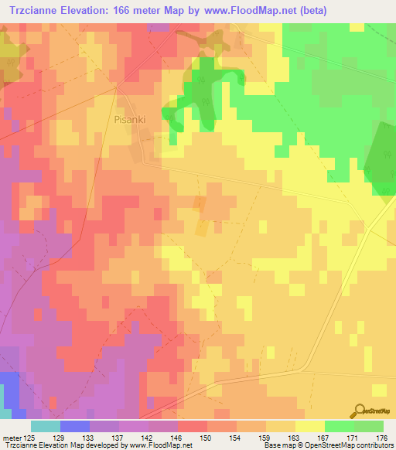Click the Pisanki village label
pos(130,120)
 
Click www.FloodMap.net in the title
pos(244,10)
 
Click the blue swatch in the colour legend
pos(74,426)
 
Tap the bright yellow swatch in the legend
pos(309,426)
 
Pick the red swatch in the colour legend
pos(192,426)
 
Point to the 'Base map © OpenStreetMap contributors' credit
pos(328,446)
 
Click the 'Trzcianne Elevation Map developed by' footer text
pos(58,446)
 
